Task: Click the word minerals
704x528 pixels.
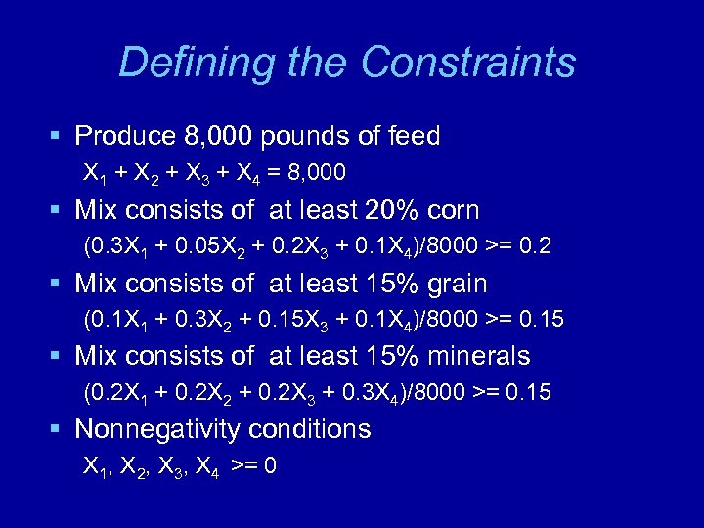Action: click(484, 356)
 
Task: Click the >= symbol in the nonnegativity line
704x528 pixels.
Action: click(242, 466)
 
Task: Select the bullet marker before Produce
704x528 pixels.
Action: click(60, 136)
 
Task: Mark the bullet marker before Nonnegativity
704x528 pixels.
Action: click(60, 430)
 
